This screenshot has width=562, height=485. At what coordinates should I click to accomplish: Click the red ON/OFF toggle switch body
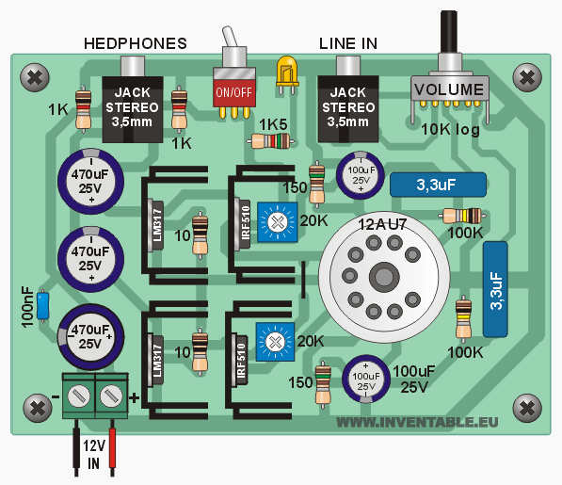point(234,92)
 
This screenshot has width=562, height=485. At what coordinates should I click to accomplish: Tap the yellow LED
point(287,72)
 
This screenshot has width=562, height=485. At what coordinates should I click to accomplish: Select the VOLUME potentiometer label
point(449,89)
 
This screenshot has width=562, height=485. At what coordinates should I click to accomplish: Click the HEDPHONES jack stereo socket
point(133,107)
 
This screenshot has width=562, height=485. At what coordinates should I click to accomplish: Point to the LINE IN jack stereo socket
point(348,107)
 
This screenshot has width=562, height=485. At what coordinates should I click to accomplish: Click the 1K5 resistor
point(271,141)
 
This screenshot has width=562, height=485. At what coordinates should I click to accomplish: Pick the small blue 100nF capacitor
point(43,305)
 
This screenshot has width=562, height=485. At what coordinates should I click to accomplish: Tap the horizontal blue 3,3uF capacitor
point(438,185)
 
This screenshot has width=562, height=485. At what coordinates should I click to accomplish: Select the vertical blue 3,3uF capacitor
point(495,289)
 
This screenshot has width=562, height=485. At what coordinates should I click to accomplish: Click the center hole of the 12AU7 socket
point(384,276)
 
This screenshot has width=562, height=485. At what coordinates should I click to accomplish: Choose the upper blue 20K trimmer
point(278,222)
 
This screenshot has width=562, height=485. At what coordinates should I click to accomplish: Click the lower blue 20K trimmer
point(275,342)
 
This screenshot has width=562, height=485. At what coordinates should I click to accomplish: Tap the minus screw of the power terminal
point(79,396)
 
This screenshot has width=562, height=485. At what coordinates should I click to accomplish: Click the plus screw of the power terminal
point(111,396)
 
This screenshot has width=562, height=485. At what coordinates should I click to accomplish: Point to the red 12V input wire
point(112,447)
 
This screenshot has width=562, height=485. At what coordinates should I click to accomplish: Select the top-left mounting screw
point(35,77)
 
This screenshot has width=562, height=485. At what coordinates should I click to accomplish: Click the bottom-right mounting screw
point(527,408)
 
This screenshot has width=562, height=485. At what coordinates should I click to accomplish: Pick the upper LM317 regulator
point(155,225)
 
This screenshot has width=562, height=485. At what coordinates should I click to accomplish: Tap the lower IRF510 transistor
point(239,360)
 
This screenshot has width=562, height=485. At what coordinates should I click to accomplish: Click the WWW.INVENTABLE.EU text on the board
point(417,422)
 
